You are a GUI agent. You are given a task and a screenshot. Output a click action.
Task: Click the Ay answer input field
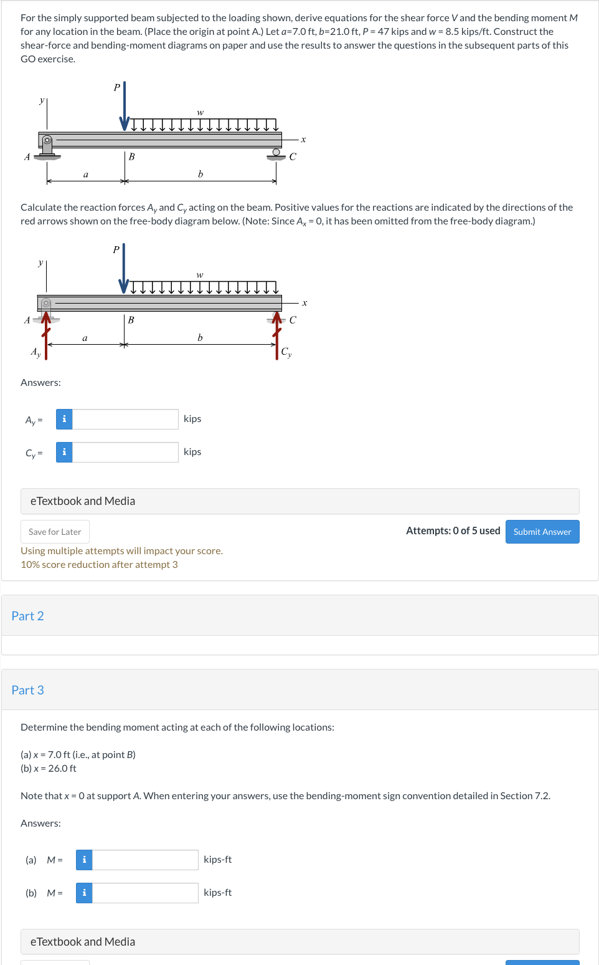(x=125, y=419)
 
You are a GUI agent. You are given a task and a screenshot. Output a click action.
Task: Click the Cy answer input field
(x=125, y=452)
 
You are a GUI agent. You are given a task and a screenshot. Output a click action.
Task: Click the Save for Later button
(x=55, y=532)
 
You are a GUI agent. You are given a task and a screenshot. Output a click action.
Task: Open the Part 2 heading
(x=27, y=616)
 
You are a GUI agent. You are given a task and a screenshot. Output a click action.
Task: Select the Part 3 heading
(x=27, y=690)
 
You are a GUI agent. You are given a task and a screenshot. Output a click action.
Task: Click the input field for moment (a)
(x=145, y=860)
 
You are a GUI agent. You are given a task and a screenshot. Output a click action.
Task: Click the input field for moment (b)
(x=145, y=893)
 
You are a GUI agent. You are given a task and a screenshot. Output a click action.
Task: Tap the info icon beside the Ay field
(x=64, y=419)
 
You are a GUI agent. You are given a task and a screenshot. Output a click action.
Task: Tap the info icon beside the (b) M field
(x=84, y=893)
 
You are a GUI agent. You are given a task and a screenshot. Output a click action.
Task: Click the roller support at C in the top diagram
(x=276, y=153)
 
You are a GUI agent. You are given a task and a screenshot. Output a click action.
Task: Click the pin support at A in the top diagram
(x=47, y=147)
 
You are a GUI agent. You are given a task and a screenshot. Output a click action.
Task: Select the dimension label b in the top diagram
(x=200, y=174)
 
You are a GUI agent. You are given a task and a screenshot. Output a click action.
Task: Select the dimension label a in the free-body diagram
(x=85, y=338)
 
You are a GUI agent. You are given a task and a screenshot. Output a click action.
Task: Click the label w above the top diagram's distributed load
(x=200, y=112)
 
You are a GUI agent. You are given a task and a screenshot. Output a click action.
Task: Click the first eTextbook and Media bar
(x=299, y=501)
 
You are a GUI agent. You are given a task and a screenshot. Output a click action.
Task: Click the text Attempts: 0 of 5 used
(x=453, y=531)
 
